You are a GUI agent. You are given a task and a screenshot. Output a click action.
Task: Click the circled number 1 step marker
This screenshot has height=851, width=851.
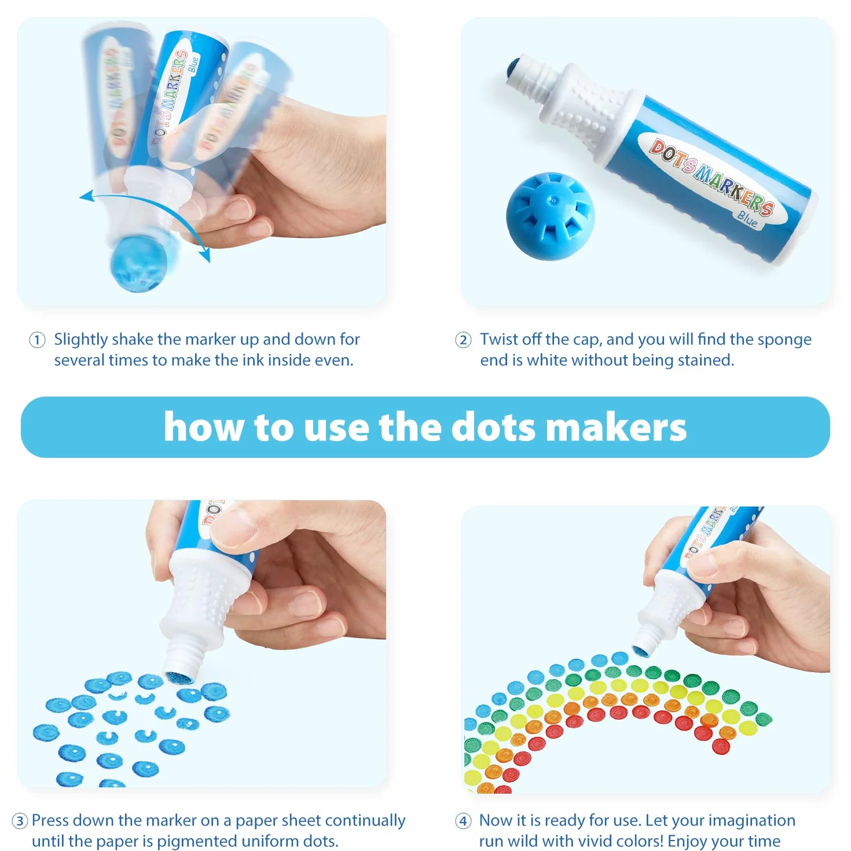(37, 340)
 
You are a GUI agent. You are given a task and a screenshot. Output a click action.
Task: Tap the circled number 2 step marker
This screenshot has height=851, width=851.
(463, 340)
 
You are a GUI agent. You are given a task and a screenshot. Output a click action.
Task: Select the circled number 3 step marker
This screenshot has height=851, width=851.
(20, 821)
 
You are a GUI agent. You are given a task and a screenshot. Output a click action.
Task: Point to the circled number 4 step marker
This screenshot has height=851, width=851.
(463, 821)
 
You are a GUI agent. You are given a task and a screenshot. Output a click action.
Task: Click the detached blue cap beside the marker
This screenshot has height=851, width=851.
(550, 216)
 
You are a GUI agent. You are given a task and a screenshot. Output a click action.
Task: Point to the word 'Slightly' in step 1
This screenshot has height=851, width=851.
(81, 340)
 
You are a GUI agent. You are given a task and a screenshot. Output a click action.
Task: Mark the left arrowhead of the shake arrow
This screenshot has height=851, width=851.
(87, 196)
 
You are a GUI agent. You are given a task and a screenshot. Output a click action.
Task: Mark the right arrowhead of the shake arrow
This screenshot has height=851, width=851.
(205, 255)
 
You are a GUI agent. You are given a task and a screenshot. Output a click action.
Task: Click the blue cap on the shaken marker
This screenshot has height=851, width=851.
(138, 263)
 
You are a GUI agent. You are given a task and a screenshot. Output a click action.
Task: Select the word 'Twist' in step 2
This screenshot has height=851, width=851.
(500, 339)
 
